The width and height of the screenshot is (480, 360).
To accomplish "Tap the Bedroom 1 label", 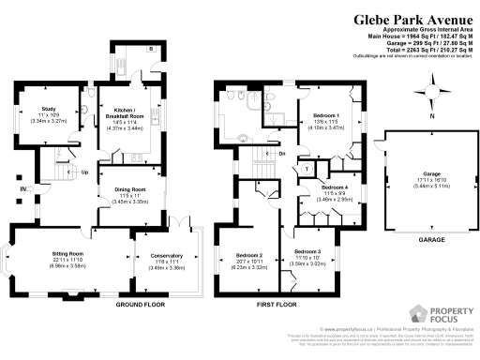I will point(325,116).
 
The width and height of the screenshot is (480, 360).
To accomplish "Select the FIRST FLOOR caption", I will point(276,306).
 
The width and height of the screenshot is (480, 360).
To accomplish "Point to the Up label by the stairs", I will point(84,172).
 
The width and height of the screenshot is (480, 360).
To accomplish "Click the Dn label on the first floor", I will point(282,153).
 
